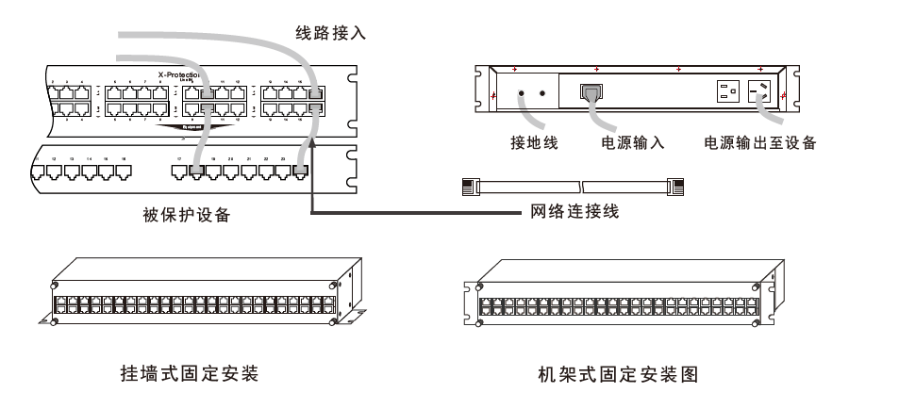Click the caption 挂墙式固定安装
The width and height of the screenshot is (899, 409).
(x=180, y=374)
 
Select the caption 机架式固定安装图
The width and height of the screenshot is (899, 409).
(x=618, y=374)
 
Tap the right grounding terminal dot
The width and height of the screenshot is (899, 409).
(x=542, y=94)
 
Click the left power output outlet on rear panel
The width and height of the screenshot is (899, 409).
(x=727, y=93)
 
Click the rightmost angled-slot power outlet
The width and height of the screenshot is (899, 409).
(x=760, y=92)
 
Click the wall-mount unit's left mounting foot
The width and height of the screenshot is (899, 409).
(x=48, y=321)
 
